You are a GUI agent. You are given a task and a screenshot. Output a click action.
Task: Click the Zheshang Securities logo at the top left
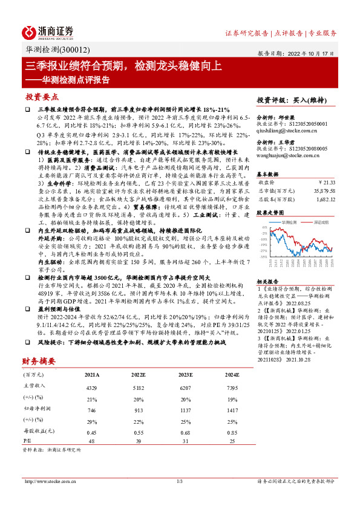[49, 31]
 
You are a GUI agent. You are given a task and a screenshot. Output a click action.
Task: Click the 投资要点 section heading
[42, 97]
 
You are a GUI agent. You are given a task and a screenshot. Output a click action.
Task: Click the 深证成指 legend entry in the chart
[319, 222]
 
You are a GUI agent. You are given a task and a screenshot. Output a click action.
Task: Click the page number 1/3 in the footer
[179, 481]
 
